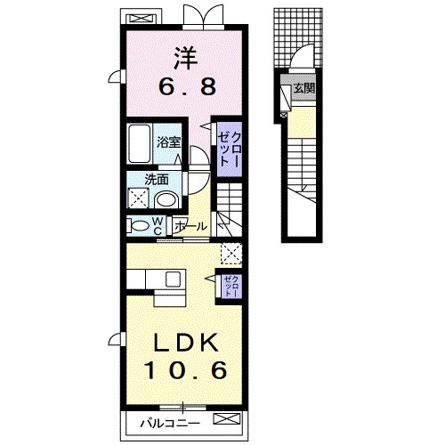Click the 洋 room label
[x=186, y=59]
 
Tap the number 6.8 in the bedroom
[x=187, y=86]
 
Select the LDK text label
[x=186, y=343]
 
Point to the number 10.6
[x=186, y=370]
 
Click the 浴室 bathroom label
[x=168, y=142]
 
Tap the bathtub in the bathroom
[x=139, y=143]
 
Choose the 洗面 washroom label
[x=157, y=180]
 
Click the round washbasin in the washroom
[x=166, y=199]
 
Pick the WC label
[x=158, y=225]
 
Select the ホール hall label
[x=190, y=227]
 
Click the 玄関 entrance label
[x=304, y=88]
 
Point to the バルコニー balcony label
[x=170, y=423]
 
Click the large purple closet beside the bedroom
[x=229, y=150]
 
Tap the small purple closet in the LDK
[x=231, y=286]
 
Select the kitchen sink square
[x=173, y=279]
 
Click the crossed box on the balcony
[x=226, y=418]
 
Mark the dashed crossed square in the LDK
[x=231, y=254]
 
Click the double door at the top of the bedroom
[x=203, y=17]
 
